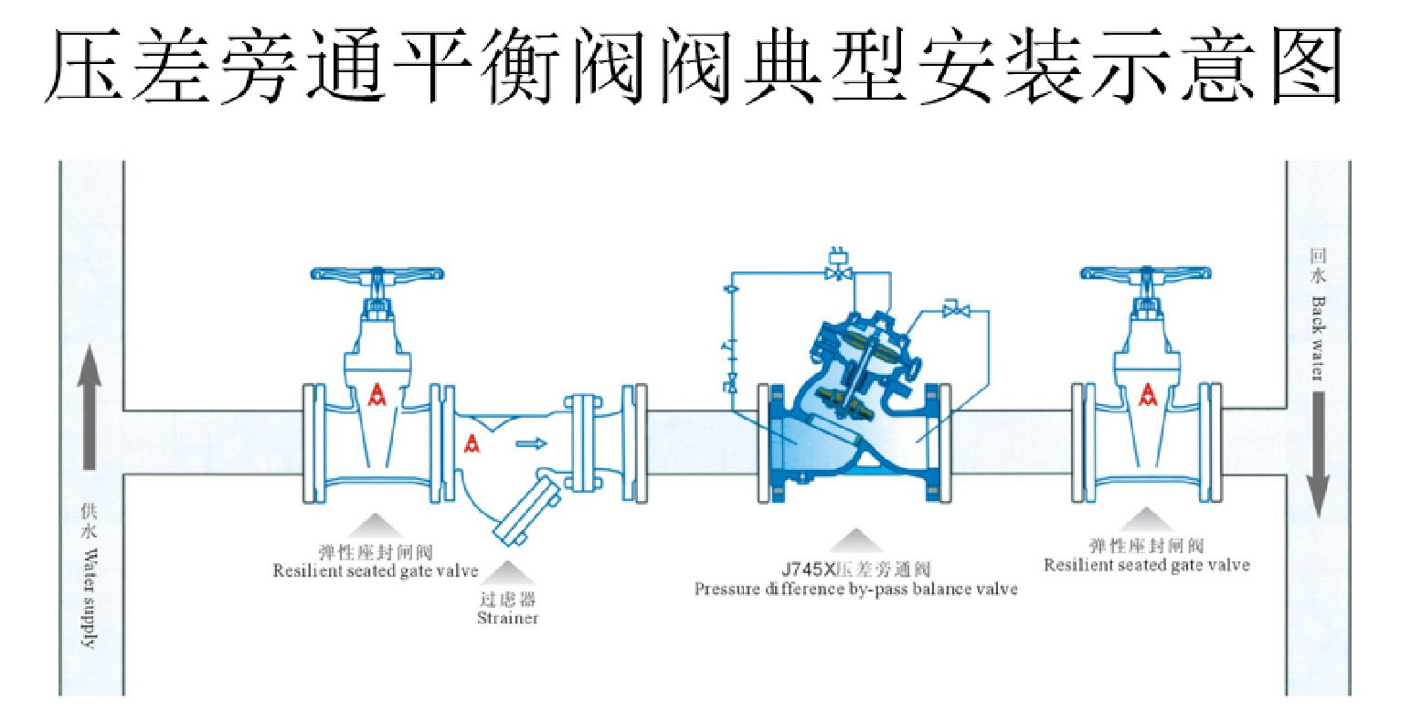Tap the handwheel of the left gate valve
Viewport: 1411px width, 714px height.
point(377,273)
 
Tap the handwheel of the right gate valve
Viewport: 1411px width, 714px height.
point(1146,273)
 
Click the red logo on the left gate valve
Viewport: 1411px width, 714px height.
point(376,395)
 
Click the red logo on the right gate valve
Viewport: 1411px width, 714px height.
point(1146,394)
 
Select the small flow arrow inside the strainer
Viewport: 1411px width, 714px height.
point(531,443)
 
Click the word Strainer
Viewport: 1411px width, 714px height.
point(507,618)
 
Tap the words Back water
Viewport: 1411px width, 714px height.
point(1317,337)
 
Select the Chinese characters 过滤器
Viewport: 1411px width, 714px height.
point(507,601)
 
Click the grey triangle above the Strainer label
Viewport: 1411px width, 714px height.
point(508,573)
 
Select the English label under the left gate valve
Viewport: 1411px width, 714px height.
point(376,570)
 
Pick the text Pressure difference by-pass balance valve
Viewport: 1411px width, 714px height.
point(855,589)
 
